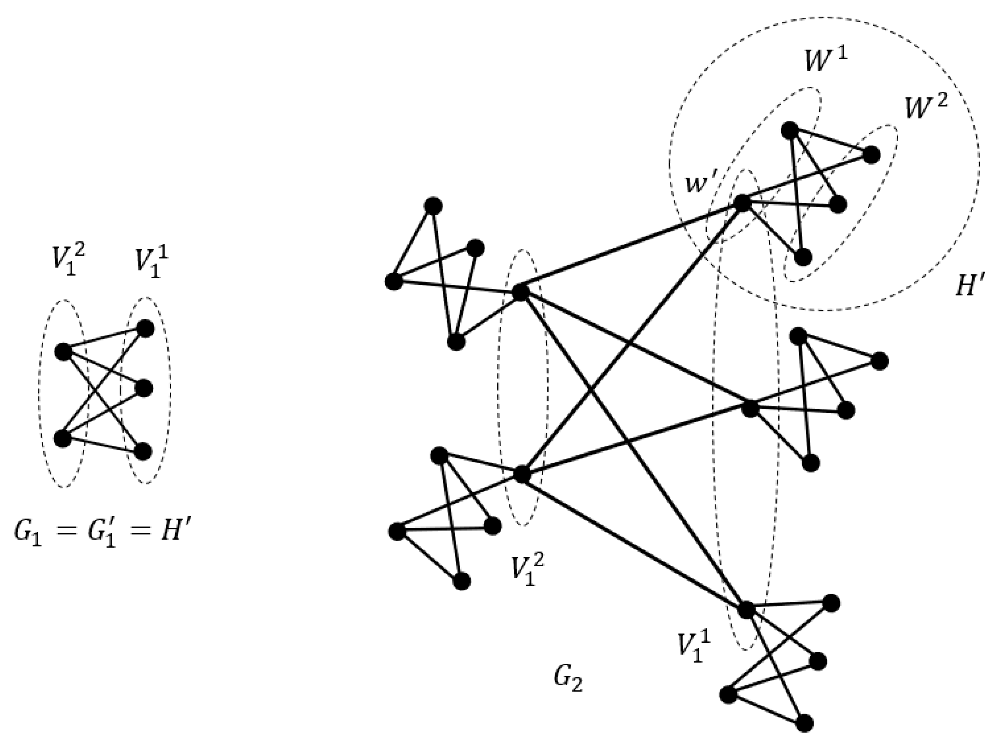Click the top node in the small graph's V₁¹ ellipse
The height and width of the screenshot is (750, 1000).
(x=145, y=329)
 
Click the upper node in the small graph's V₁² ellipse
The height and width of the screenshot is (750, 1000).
(x=63, y=351)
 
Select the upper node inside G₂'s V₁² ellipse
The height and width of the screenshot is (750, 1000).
(x=520, y=292)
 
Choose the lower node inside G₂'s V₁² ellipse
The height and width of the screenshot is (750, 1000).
(x=522, y=474)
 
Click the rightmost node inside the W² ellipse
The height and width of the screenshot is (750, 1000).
(x=871, y=155)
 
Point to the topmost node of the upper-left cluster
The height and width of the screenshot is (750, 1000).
(x=433, y=206)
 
